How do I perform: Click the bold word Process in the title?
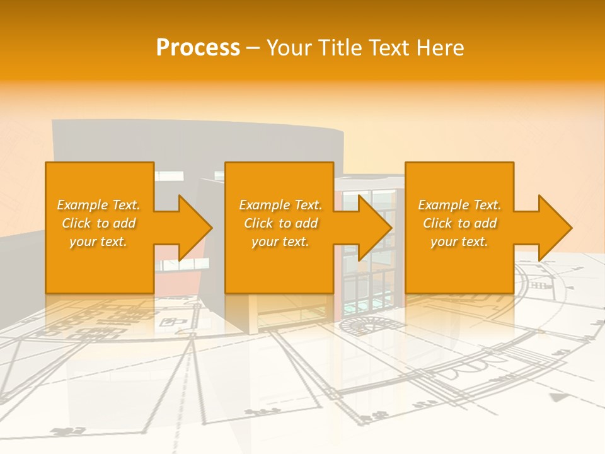tap(198, 48)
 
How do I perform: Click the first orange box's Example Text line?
tap(98, 205)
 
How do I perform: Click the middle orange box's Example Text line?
tap(280, 205)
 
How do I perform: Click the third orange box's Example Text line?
tap(459, 205)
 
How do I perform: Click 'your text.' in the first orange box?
tap(98, 242)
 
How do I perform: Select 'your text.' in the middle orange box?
tap(280, 242)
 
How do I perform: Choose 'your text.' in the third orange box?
tap(459, 242)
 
